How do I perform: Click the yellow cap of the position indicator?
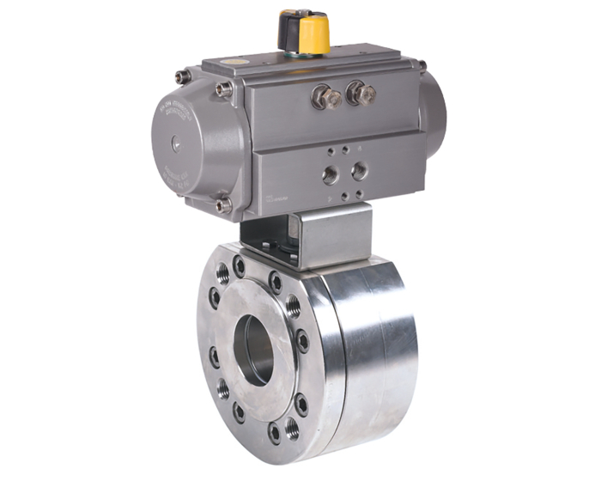tap(315, 32)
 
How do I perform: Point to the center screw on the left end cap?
tap(178, 147)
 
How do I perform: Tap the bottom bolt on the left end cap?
tap(223, 204)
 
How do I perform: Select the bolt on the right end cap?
tap(422, 65)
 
